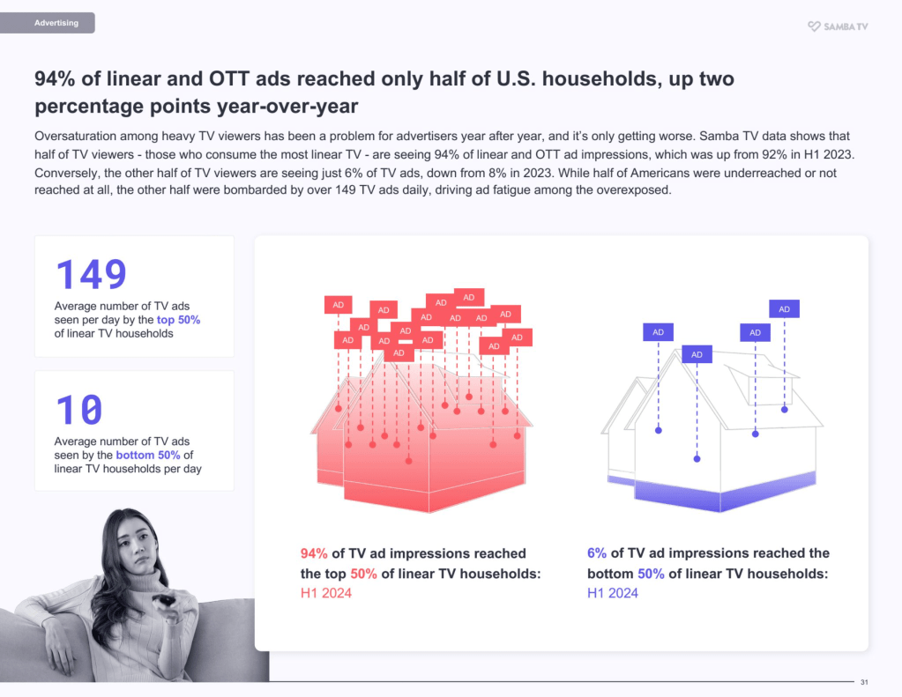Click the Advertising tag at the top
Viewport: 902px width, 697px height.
coord(56,23)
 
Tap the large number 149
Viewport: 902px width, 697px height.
coord(92,275)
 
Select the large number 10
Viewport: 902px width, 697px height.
coord(79,411)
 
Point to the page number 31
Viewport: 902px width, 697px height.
coord(864,682)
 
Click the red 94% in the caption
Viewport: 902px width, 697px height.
coord(314,553)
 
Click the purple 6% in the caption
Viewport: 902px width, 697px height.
coord(597,553)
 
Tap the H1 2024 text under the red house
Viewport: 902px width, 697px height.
coord(326,593)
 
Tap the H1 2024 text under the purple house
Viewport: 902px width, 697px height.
coord(613,593)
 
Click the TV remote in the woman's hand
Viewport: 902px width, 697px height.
coord(164,602)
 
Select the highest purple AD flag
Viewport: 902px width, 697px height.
coord(784,308)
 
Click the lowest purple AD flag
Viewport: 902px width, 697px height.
coord(697,354)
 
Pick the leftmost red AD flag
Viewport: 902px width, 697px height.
coord(338,305)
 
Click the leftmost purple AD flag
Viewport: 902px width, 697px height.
coord(658,331)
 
